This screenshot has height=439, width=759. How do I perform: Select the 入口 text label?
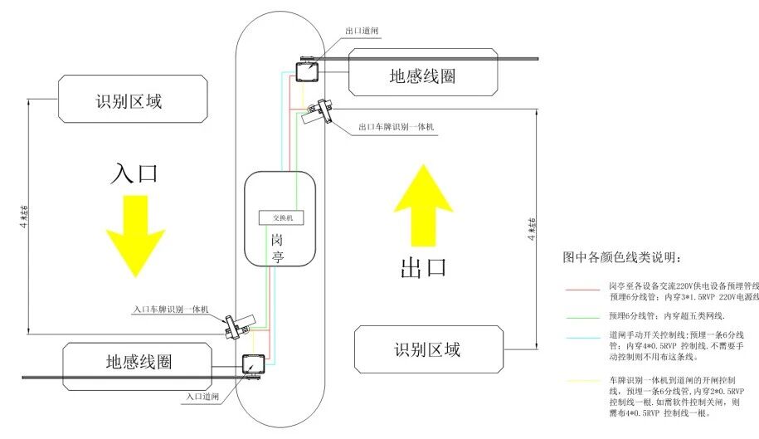(134, 173)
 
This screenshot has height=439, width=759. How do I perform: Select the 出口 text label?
(424, 267)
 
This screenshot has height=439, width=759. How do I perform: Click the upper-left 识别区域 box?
(132, 100)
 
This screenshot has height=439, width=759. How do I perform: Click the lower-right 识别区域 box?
(426, 349)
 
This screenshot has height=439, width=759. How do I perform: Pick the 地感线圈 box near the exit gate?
(423, 76)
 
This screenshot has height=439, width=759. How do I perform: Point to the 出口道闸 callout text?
(363, 31)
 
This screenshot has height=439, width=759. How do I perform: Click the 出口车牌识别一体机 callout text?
(397, 128)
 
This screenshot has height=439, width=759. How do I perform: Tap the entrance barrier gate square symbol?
(251, 363)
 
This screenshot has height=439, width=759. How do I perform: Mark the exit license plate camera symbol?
(317, 110)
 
